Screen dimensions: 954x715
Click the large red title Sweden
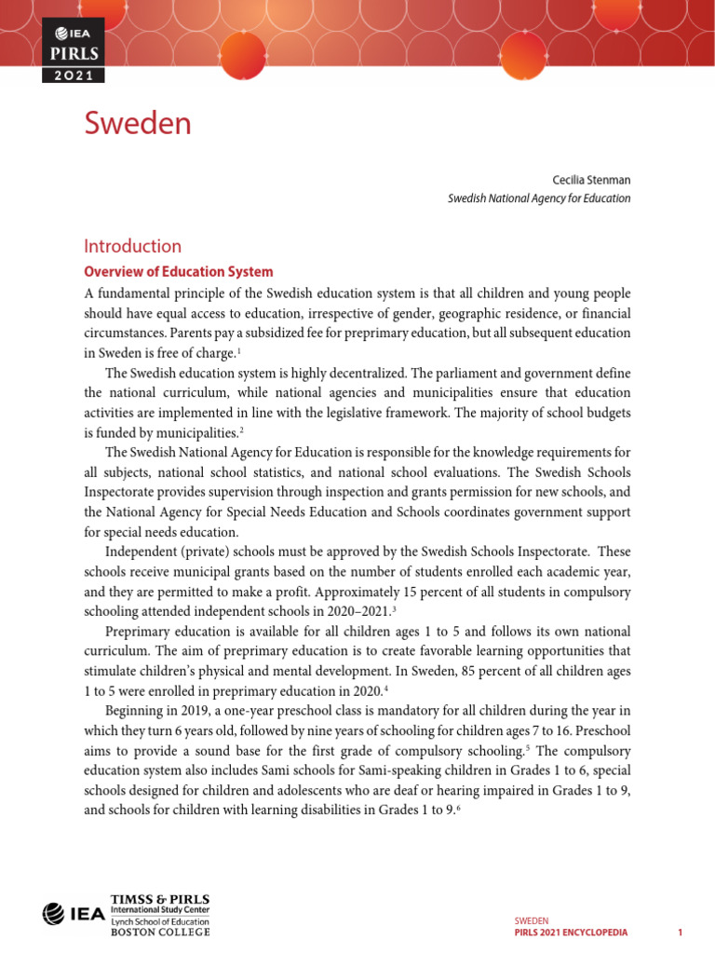point(137,123)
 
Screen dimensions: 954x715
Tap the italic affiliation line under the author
point(539,198)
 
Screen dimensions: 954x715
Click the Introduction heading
point(132,247)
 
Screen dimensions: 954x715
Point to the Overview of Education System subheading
point(178,272)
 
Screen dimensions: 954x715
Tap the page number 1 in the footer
point(681,933)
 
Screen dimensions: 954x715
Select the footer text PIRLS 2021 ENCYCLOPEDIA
point(571,933)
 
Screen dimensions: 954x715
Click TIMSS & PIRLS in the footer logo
point(159,899)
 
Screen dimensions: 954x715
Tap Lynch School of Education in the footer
point(159,920)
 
